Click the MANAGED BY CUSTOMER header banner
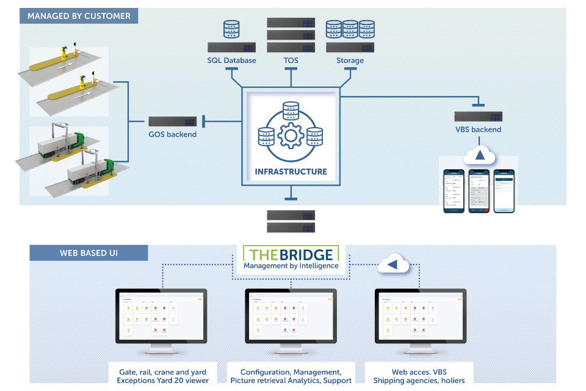tap(79, 15)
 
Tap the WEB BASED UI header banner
tap(89, 252)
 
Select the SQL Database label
tap(231, 60)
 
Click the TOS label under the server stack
tap(291, 60)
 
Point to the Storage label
tap(350, 60)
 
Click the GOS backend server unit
tap(173, 122)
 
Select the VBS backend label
tap(478, 130)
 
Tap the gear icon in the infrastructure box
tap(291, 136)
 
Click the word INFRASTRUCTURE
tap(291, 172)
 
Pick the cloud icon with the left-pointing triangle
tap(392, 265)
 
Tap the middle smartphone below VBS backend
tap(479, 191)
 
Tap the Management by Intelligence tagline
tap(291, 266)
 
